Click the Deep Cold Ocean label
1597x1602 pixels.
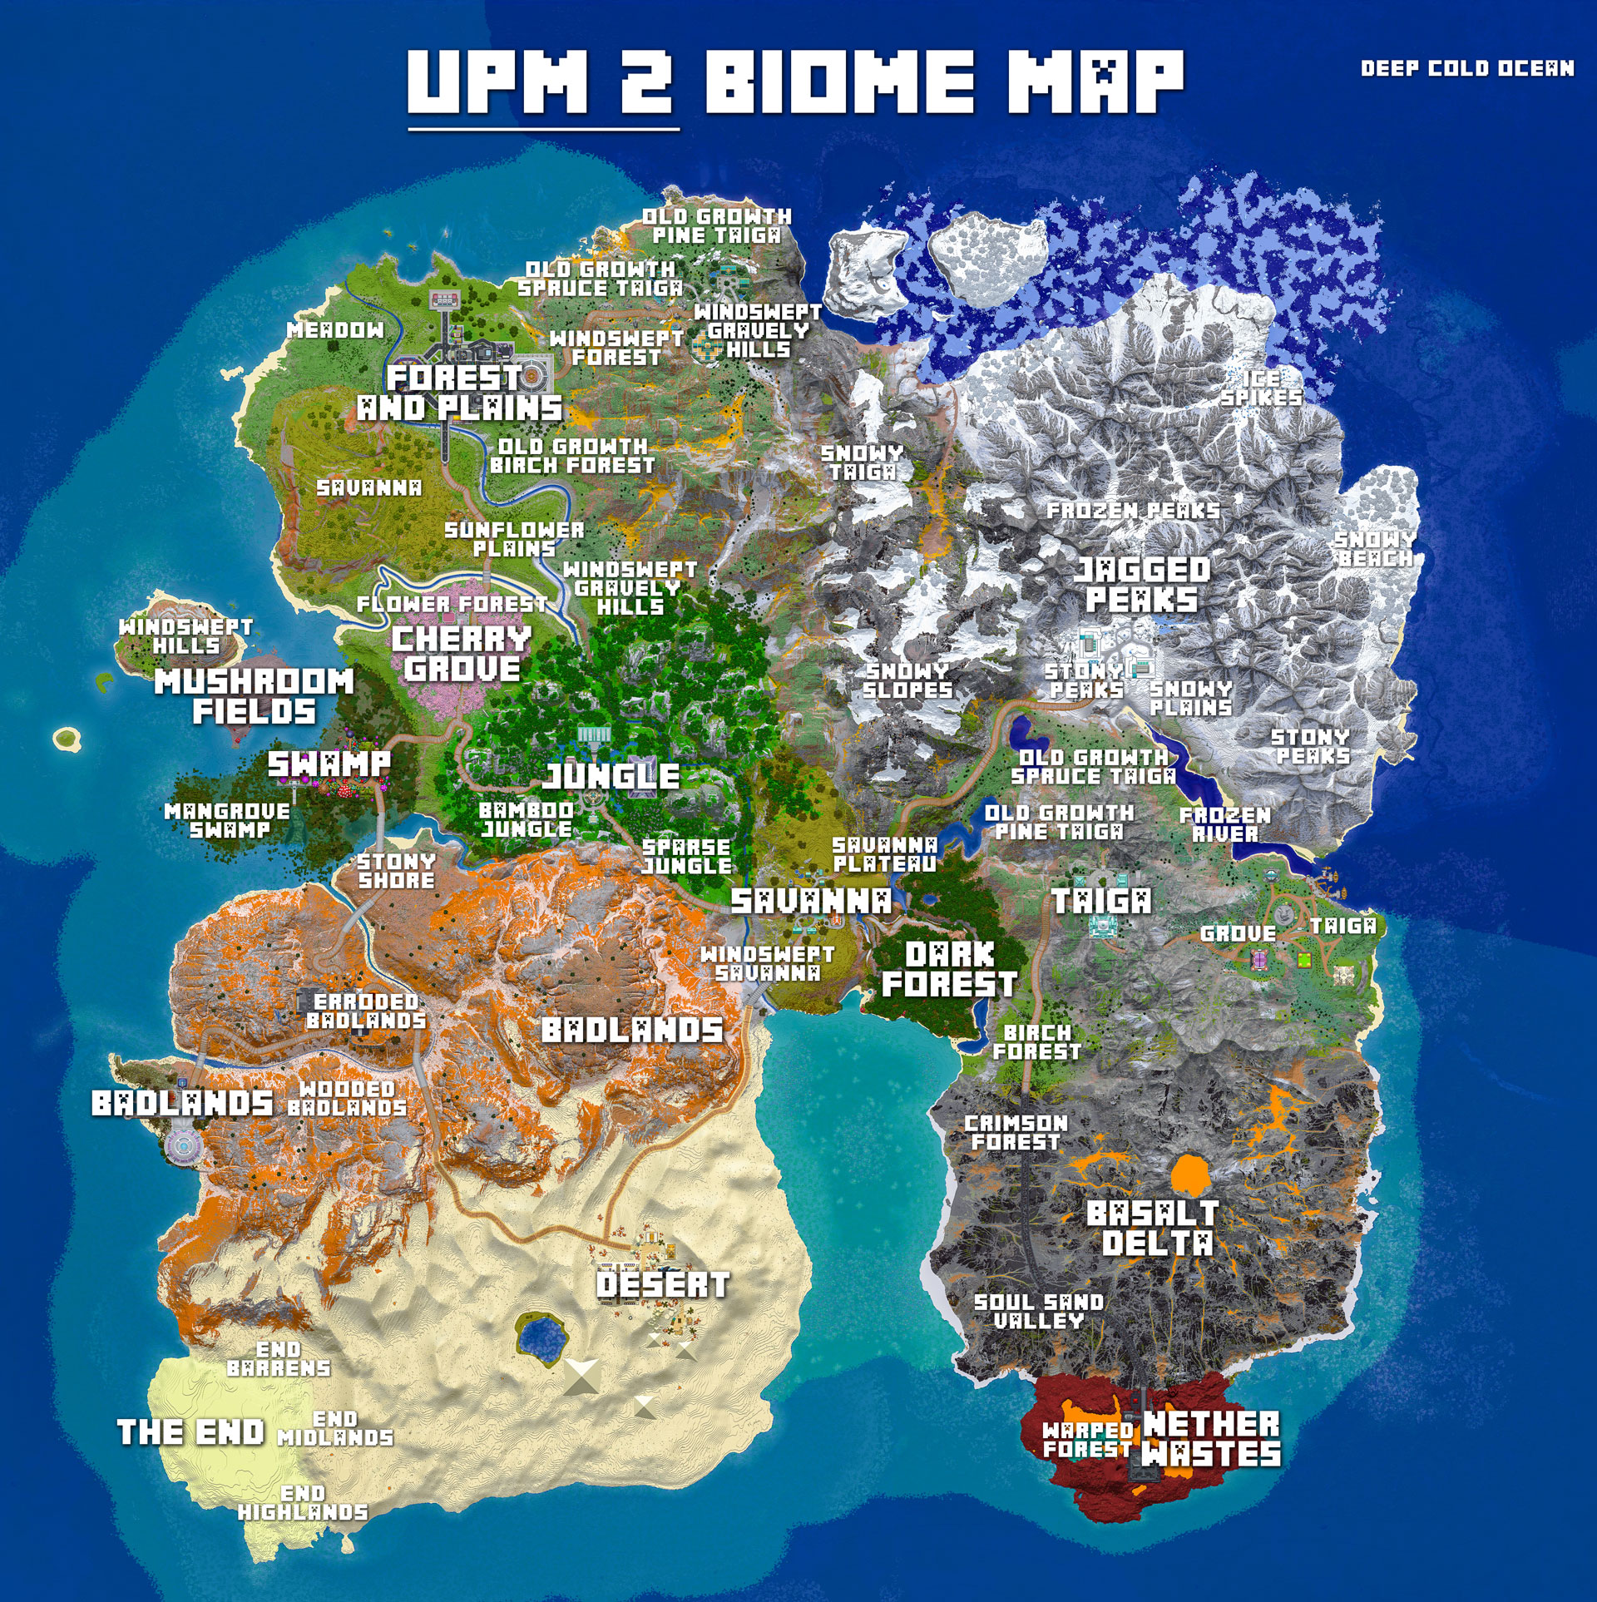click(1466, 68)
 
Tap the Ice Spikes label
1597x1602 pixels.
click(1261, 388)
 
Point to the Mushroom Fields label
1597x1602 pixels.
click(254, 696)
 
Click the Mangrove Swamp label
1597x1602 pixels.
click(227, 820)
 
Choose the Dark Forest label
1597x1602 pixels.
click(949, 969)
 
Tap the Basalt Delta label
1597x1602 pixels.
click(1152, 1228)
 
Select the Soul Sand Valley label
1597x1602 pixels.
click(1038, 1312)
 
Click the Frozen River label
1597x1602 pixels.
click(1224, 824)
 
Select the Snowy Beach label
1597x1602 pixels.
click(1374, 549)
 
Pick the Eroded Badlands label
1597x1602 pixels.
click(366, 1011)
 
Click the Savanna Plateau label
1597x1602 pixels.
click(885, 855)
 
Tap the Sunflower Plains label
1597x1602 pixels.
click(514, 539)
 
